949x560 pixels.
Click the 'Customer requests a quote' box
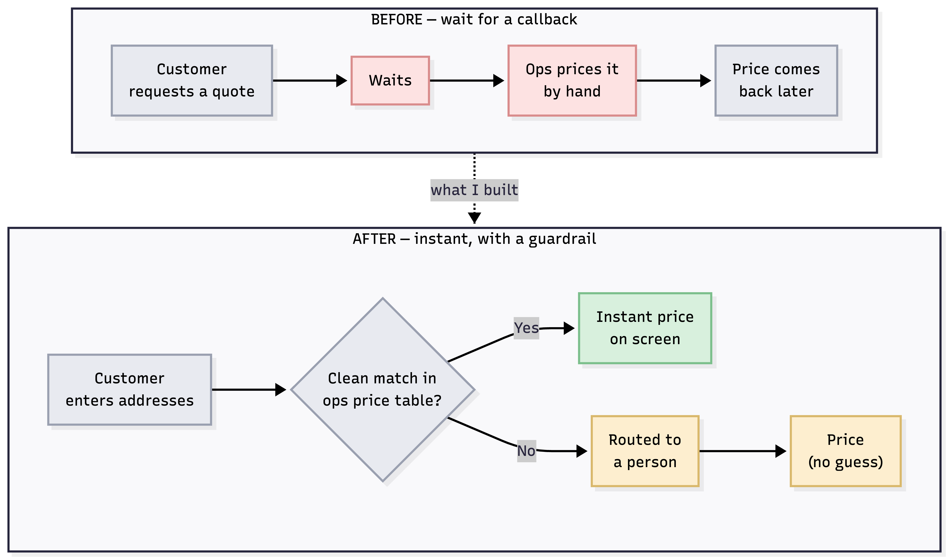coord(192,80)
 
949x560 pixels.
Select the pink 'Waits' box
coord(390,80)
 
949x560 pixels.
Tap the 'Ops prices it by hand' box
coord(572,80)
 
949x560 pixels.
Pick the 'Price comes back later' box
coord(776,80)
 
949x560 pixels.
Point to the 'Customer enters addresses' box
coord(129,390)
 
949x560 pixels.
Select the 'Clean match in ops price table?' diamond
coord(382,390)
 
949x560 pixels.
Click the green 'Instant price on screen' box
coord(645,328)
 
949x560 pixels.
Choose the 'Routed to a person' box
coord(645,451)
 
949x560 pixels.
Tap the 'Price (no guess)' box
coord(846,451)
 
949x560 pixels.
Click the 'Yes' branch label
coord(526,328)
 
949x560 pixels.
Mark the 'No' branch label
coord(526,451)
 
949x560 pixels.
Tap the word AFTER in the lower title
coord(374,239)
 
